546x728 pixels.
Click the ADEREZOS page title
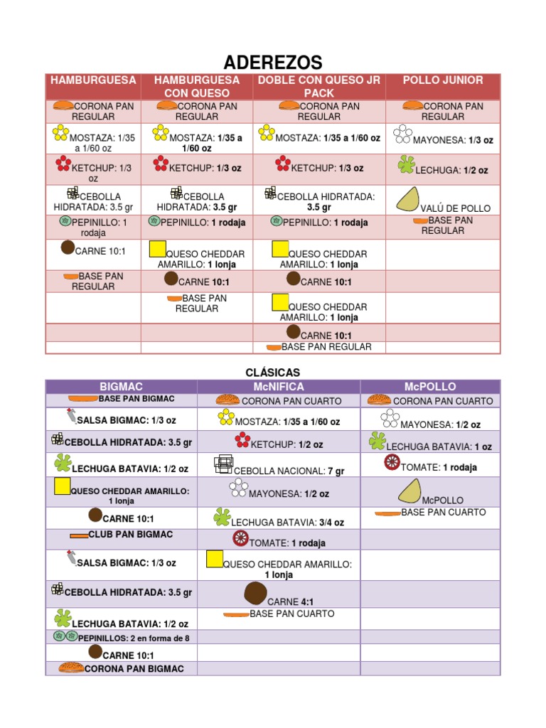[x=273, y=62]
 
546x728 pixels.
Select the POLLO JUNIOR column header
[x=443, y=80]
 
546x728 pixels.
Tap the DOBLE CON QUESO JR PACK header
[x=319, y=86]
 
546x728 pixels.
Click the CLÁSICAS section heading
[x=273, y=373]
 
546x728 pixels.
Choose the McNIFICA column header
[x=279, y=387]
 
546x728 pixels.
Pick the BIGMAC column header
[x=122, y=387]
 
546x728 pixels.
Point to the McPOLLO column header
[x=430, y=387]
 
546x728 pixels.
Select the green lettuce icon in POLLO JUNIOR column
[x=406, y=165]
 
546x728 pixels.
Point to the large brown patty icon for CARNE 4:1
[x=255, y=593]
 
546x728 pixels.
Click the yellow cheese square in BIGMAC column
[x=63, y=487]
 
